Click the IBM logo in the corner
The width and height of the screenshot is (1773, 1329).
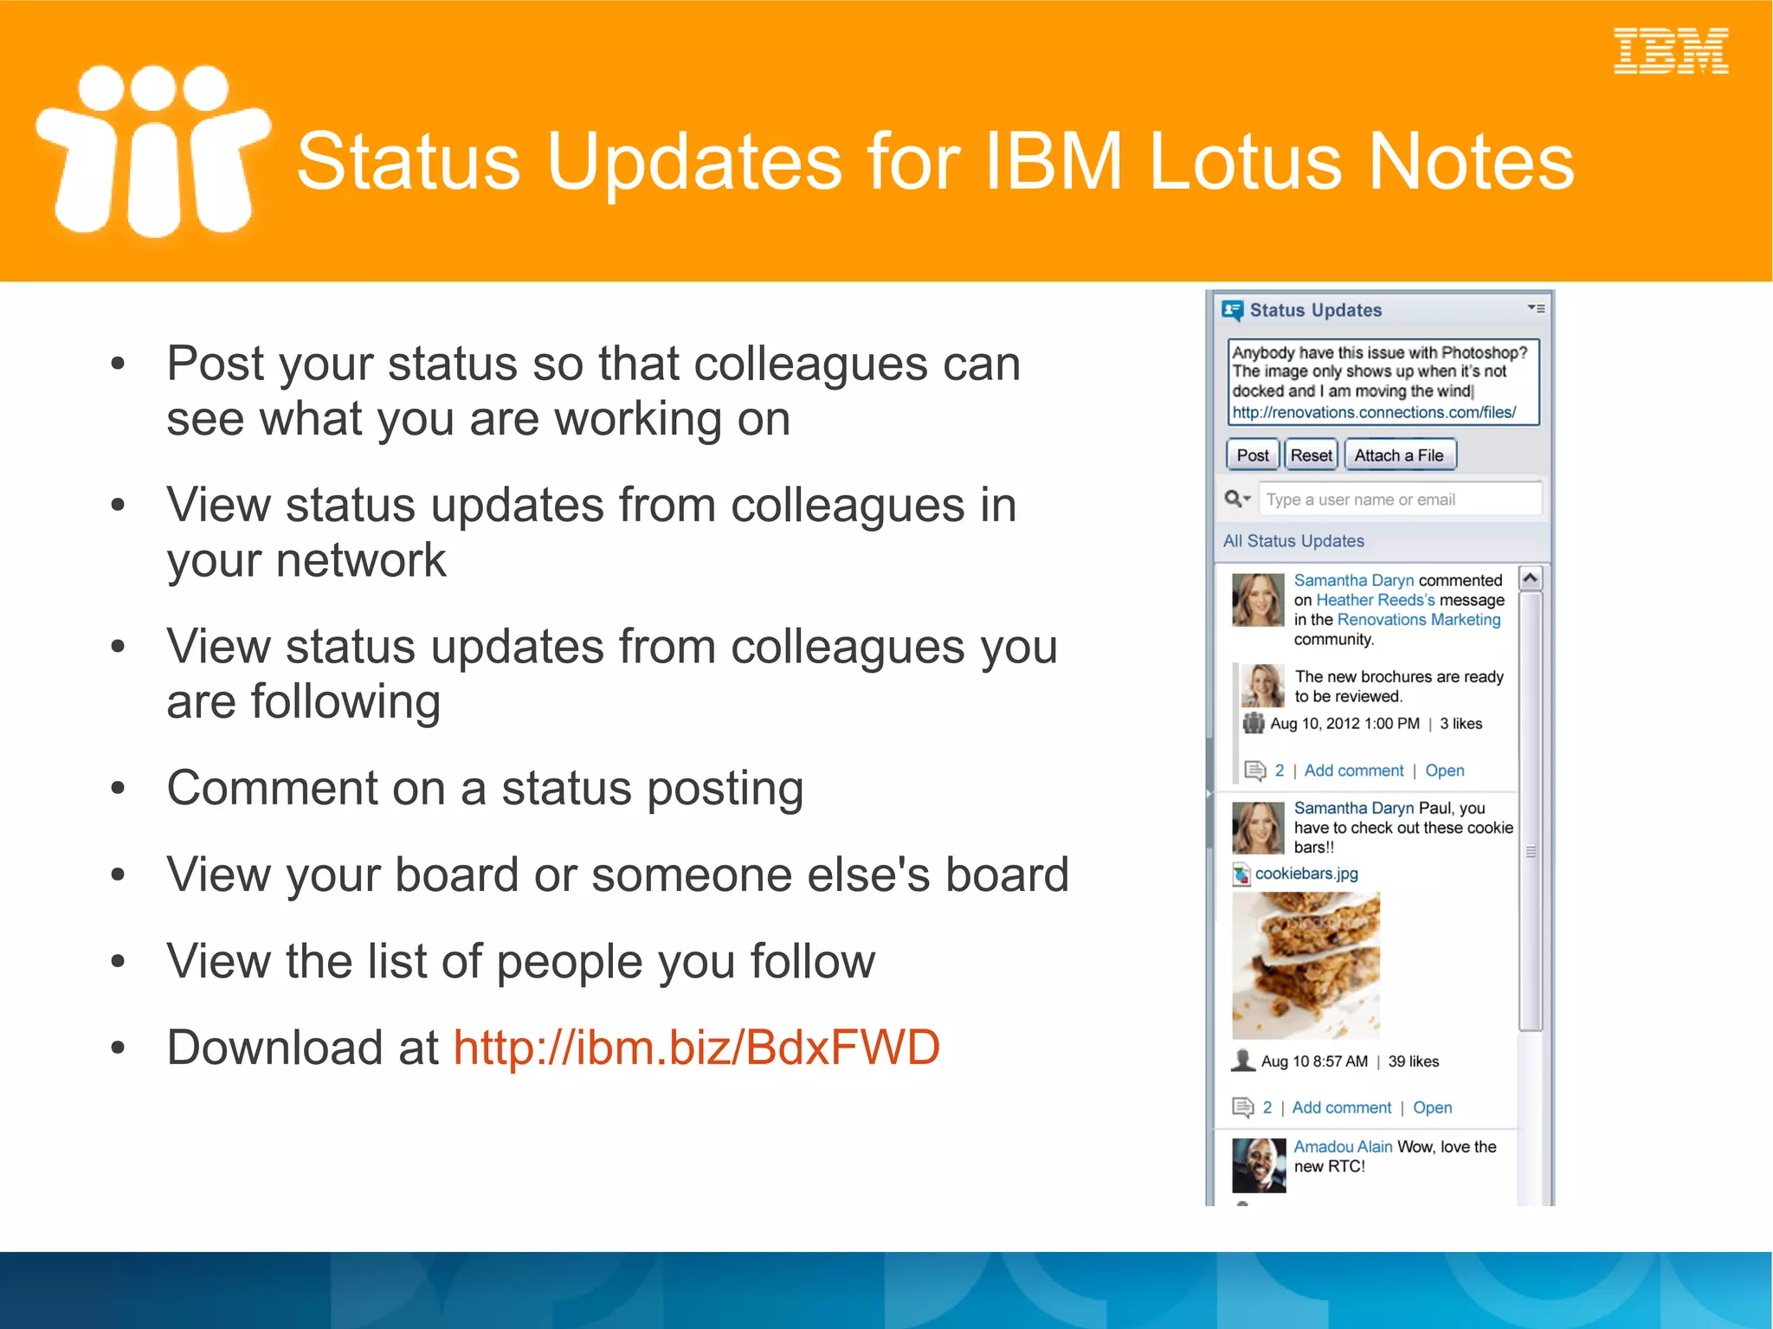click(x=1670, y=51)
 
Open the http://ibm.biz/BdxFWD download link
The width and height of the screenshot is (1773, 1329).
click(x=696, y=1048)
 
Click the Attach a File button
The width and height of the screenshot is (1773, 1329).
click(x=1399, y=455)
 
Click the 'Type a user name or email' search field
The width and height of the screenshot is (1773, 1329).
click(x=1399, y=500)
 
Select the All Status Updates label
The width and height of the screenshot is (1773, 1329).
click(x=1293, y=541)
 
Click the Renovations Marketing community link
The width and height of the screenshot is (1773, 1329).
click(x=1418, y=620)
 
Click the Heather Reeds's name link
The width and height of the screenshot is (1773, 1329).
click(x=1375, y=600)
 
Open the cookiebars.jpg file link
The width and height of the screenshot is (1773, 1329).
click(x=1306, y=874)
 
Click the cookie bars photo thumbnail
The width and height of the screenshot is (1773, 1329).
click(x=1306, y=965)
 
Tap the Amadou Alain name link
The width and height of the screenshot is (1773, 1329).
click(x=1342, y=1146)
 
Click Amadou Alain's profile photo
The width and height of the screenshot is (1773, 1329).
click(x=1259, y=1165)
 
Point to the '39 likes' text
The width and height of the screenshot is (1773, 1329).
click(x=1413, y=1061)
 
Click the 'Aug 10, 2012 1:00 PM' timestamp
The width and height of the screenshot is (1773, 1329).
click(x=1344, y=724)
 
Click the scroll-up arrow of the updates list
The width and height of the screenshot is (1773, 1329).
click(x=1530, y=578)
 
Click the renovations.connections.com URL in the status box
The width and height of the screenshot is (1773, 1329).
click(x=1374, y=413)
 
